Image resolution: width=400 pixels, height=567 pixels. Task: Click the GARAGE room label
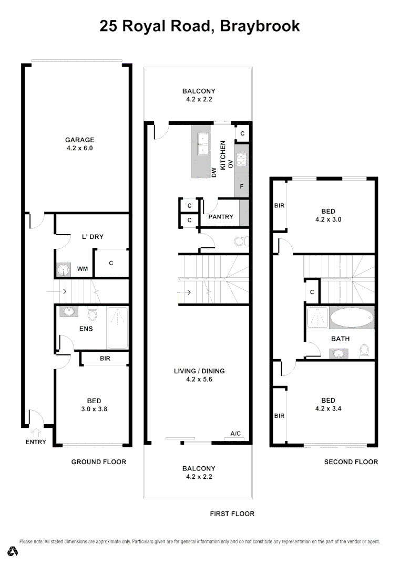pyautogui.click(x=79, y=140)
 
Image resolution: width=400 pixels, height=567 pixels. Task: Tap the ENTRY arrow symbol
pyautogui.click(x=36, y=433)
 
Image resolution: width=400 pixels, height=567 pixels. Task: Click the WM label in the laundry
pyautogui.click(x=83, y=269)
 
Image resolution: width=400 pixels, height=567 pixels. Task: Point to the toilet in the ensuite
pyautogui.click(x=93, y=314)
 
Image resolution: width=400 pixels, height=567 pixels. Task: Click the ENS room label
pyautogui.click(x=86, y=329)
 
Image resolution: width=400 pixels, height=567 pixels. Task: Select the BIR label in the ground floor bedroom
pyautogui.click(x=105, y=359)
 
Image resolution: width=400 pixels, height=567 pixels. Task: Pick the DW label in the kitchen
pyautogui.click(x=214, y=172)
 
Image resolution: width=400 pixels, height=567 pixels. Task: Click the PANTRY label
pyautogui.click(x=220, y=216)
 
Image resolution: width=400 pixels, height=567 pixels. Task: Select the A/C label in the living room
pyautogui.click(x=235, y=434)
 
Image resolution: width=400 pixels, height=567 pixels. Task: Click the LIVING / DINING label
pyautogui.click(x=199, y=371)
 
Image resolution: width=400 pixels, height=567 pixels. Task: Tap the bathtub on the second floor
pyautogui.click(x=351, y=318)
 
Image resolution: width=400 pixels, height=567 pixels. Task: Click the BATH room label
pyautogui.click(x=340, y=339)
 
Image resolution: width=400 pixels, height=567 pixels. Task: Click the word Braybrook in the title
pyautogui.click(x=260, y=26)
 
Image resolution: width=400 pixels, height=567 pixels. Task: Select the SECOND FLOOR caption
pyautogui.click(x=351, y=462)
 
